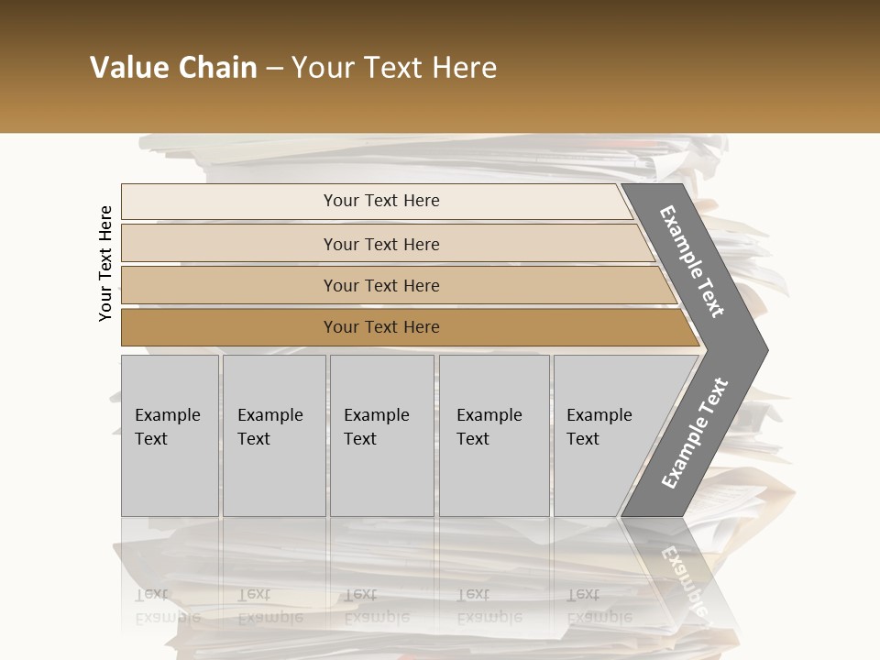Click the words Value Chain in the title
point(173,68)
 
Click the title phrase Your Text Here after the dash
point(394,68)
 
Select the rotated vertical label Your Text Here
point(105,263)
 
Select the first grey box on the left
point(170,477)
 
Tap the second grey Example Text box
point(274,477)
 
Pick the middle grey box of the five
point(381,477)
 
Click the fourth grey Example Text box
point(494,477)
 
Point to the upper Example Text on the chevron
point(692,261)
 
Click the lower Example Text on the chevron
point(694,434)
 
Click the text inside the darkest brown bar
point(381,327)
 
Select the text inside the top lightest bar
point(381,201)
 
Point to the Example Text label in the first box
point(167,427)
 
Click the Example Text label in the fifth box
point(599,427)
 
